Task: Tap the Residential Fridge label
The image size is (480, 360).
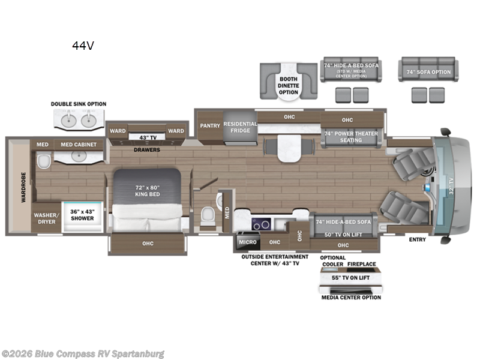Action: coord(240,128)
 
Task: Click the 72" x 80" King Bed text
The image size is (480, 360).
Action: coord(146,190)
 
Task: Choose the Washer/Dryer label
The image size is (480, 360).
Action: coord(46,218)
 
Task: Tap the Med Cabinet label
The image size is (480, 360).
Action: coord(79,145)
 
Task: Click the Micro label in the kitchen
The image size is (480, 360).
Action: coord(247,242)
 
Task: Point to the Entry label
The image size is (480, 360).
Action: coord(417,240)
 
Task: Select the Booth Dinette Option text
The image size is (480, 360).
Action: coord(288,86)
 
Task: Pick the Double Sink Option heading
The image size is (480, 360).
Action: coord(78,104)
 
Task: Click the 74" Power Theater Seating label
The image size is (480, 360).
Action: coord(351,137)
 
